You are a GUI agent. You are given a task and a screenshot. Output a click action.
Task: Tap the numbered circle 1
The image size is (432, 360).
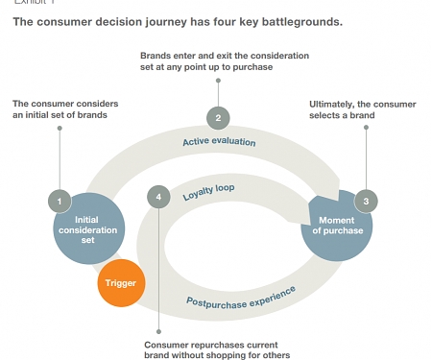coord(60,202)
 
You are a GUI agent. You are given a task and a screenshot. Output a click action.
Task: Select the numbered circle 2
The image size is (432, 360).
coord(219,118)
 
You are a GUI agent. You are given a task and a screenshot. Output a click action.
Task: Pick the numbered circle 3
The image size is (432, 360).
coord(365,202)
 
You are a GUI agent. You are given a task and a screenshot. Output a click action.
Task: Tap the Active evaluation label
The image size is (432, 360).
coord(219,142)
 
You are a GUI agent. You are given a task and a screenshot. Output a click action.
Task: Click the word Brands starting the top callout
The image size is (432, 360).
coord(156,56)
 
